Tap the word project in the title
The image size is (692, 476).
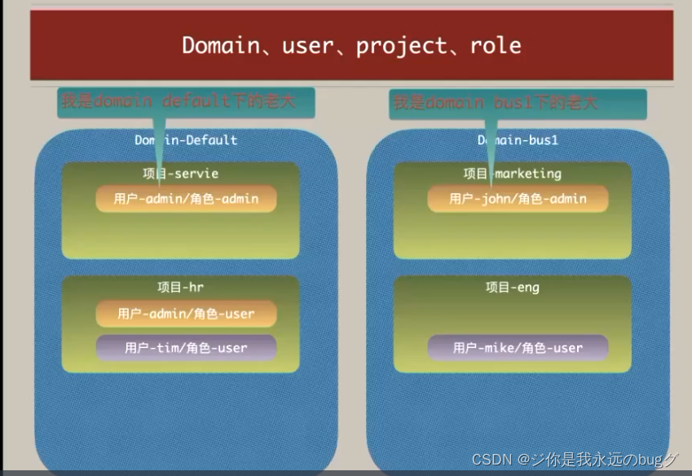point(402,45)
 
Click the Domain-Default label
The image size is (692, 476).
point(186,140)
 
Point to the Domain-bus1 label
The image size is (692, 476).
point(517,140)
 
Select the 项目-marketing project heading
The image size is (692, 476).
point(512,174)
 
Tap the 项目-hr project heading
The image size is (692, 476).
point(180,287)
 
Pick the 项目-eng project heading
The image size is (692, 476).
point(512,287)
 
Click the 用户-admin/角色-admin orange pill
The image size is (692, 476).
point(186,199)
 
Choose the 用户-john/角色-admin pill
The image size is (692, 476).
point(518,199)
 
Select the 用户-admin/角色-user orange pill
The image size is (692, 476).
point(186,314)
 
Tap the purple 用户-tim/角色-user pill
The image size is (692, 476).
point(186,347)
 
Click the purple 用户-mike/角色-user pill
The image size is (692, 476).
point(518,347)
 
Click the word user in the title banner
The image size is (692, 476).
point(309,45)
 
